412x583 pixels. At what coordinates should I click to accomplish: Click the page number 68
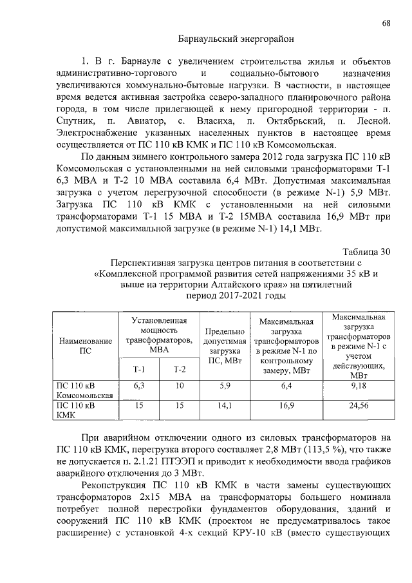(x=386, y=23)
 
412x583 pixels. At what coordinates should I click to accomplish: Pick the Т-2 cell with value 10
(x=179, y=386)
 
